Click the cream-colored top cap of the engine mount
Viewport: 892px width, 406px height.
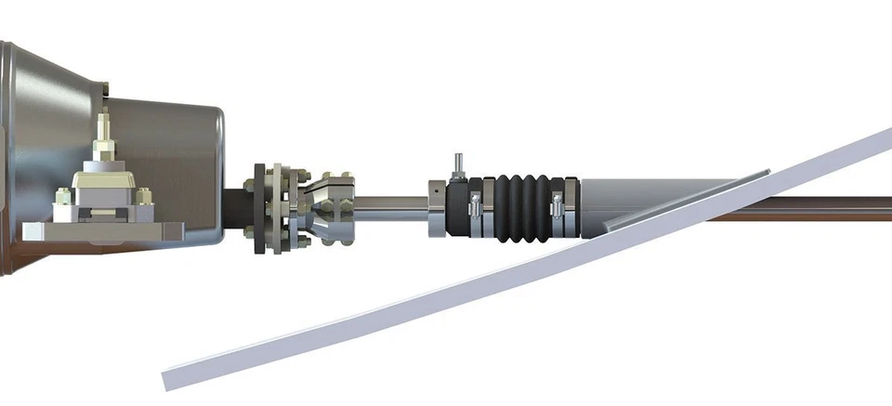point(104,167)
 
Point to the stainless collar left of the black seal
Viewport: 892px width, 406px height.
point(437,203)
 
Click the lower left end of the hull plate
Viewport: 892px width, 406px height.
point(172,376)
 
